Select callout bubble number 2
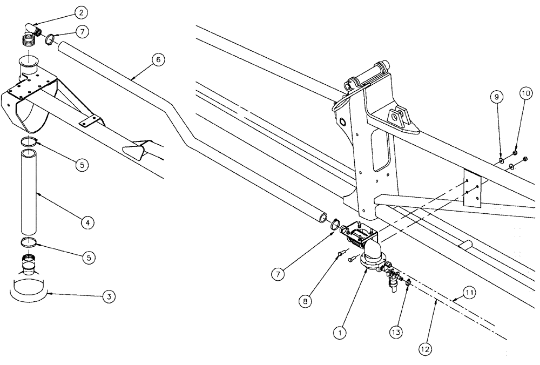tap(80, 12)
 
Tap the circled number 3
tap(109, 296)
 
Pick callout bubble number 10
tap(525, 92)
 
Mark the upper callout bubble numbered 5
tap(81, 165)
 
